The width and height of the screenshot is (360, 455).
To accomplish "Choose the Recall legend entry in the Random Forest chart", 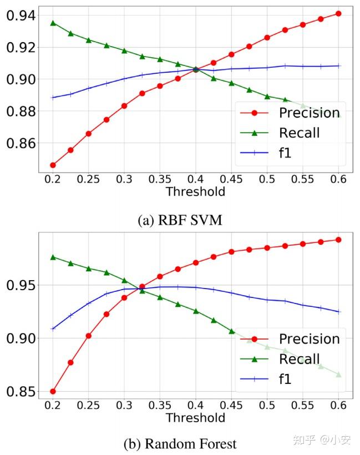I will tap(300, 359).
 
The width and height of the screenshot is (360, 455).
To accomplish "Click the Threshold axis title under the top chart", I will tap(195, 192).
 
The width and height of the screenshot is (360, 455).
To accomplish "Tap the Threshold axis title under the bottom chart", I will tap(195, 417).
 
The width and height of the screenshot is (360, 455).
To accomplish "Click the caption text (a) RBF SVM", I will tap(181, 220).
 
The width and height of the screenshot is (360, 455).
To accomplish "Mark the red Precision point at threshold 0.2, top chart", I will tap(53, 165).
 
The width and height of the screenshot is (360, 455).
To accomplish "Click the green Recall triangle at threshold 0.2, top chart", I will tap(53, 23).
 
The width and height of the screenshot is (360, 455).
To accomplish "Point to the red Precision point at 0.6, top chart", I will tap(338, 13).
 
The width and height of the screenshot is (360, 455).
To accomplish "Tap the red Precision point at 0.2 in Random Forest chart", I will tap(53, 391).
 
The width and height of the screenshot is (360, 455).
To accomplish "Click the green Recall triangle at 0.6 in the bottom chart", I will tap(338, 375).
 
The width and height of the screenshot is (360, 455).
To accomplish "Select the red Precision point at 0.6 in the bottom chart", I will tap(338, 240).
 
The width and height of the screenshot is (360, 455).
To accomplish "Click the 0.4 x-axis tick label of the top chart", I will tap(195, 179).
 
